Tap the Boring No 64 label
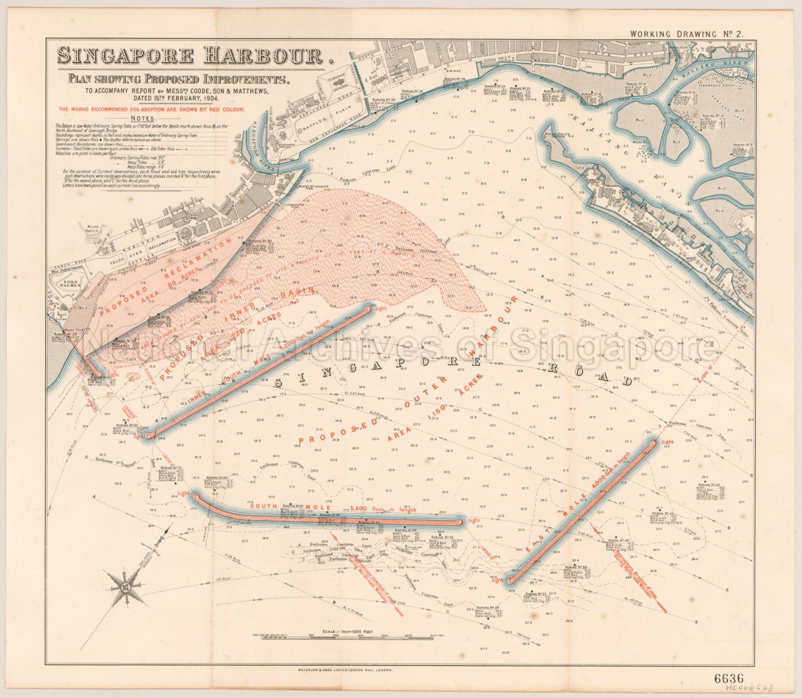292,506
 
